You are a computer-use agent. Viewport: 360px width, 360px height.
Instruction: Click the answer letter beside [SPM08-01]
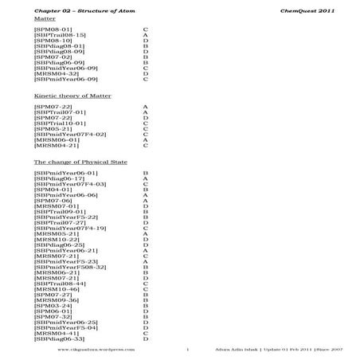click(145, 29)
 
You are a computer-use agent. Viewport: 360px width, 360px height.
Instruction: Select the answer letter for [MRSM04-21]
click(145, 146)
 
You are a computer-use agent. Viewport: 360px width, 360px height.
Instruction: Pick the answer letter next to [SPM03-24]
click(145, 305)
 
